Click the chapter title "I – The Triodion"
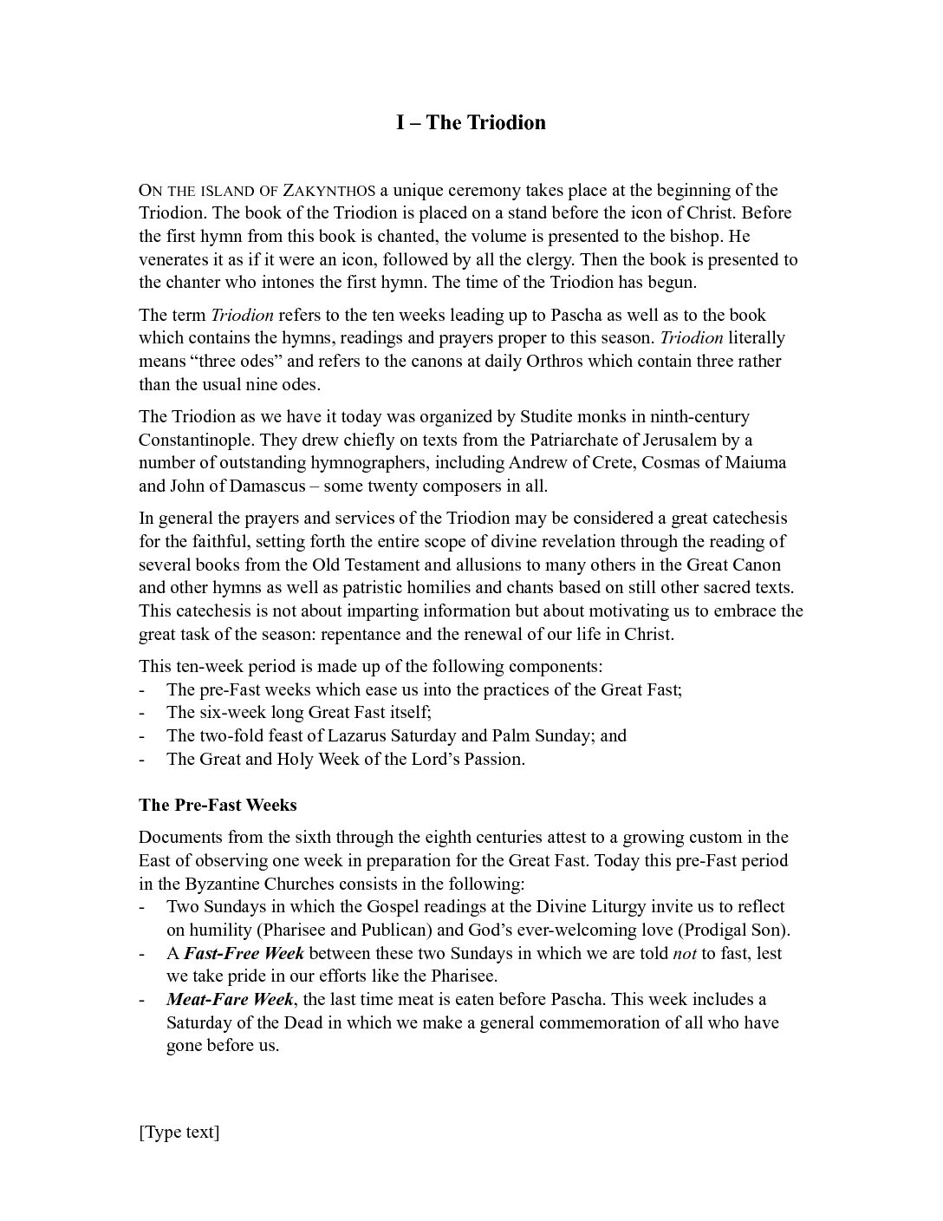(471, 122)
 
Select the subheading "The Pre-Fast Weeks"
(218, 805)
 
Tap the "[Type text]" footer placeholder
(179, 1132)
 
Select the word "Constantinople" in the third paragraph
(196, 440)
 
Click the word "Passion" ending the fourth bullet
(493, 759)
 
